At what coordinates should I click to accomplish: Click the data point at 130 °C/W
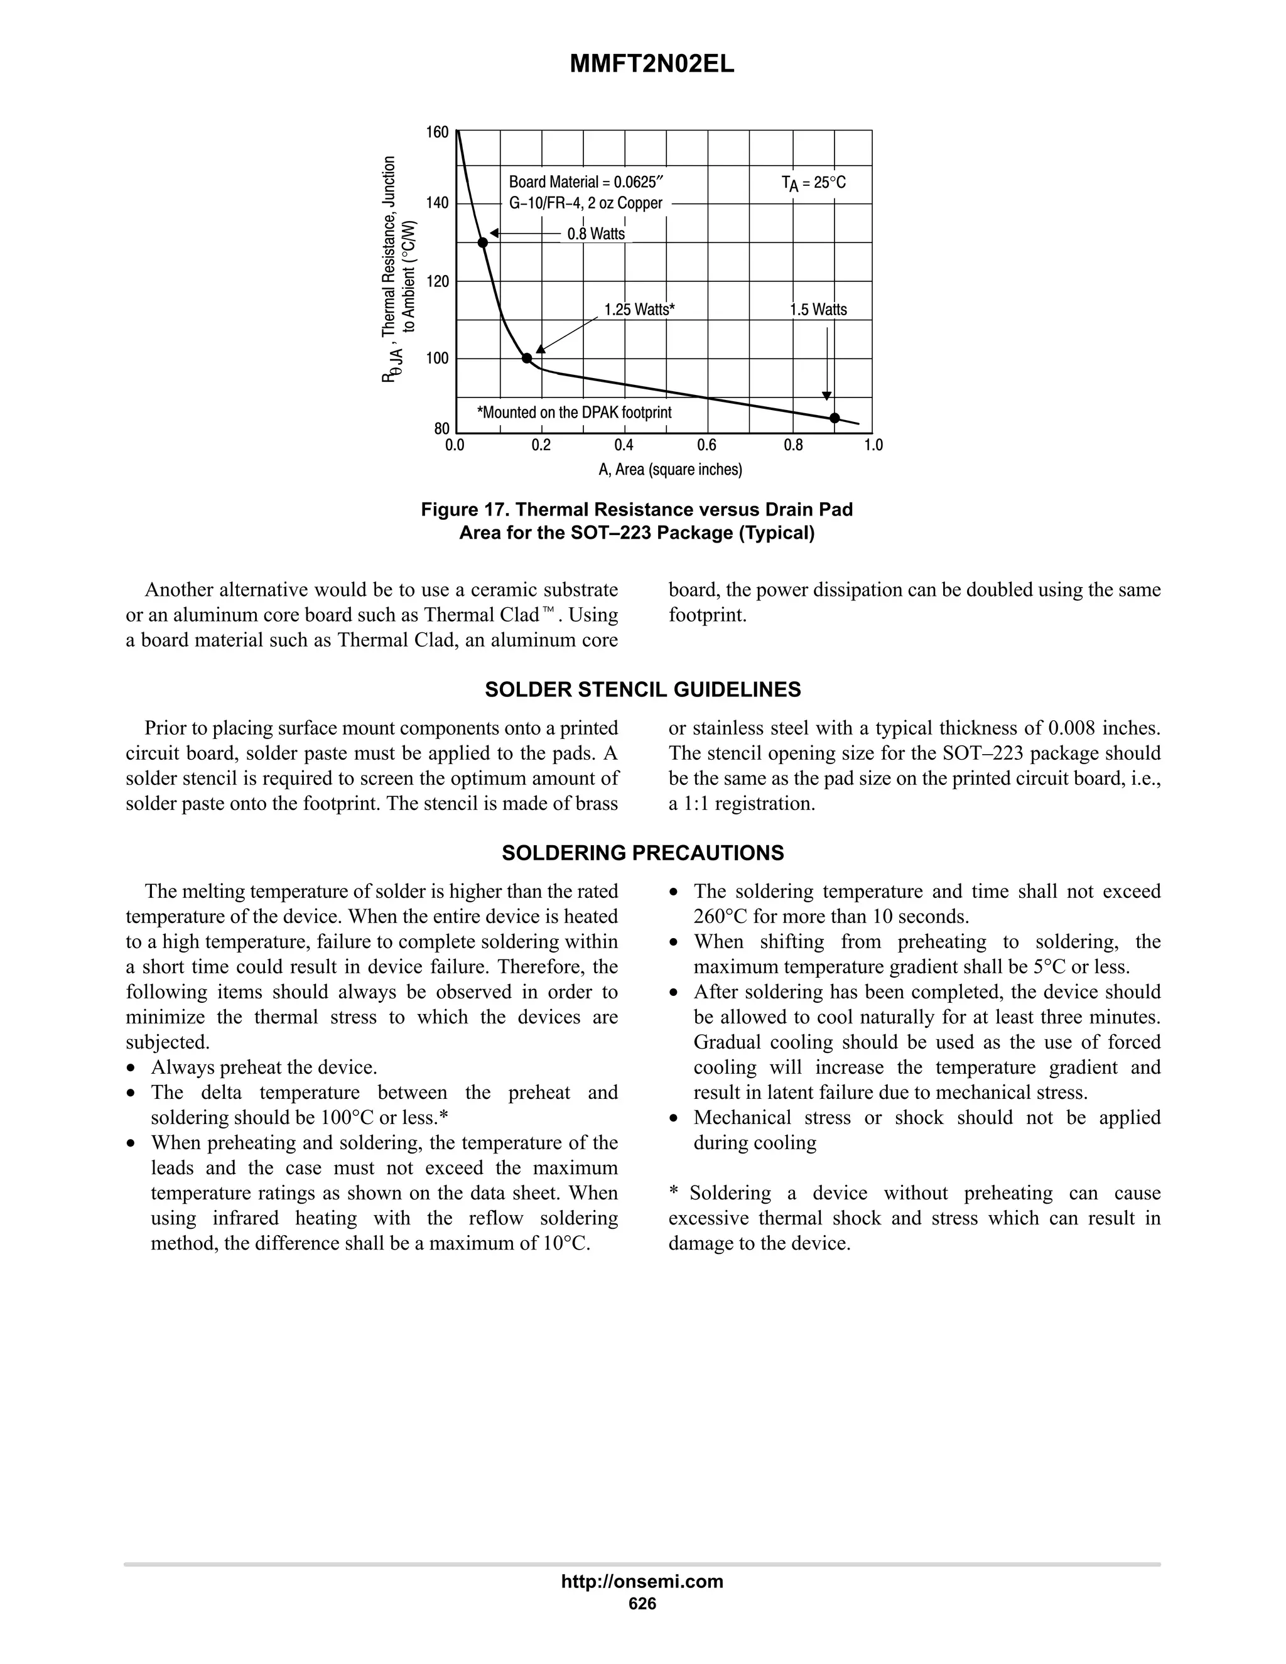pyautogui.click(x=482, y=243)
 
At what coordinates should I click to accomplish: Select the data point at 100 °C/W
pyautogui.click(x=526, y=358)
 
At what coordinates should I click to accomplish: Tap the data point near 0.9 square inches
pyautogui.click(x=835, y=418)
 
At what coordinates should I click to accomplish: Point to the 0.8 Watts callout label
pyautogui.click(x=596, y=234)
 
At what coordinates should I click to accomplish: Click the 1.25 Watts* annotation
pyautogui.click(x=639, y=310)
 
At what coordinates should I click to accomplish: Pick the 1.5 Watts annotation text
pyautogui.click(x=818, y=310)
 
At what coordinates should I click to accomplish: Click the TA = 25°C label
pyautogui.click(x=813, y=183)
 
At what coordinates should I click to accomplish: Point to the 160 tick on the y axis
pyautogui.click(x=437, y=132)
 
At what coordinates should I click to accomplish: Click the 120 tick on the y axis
pyautogui.click(x=437, y=281)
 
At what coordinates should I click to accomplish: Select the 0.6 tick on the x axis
pyautogui.click(x=706, y=445)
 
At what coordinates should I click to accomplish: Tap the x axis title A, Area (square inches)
pyautogui.click(x=669, y=469)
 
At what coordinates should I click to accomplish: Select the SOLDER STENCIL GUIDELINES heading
pyautogui.click(x=642, y=689)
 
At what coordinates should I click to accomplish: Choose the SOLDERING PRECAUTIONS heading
pyautogui.click(x=642, y=853)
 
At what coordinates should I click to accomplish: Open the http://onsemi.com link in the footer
pyautogui.click(x=642, y=1581)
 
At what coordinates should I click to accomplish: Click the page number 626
pyautogui.click(x=642, y=1603)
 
